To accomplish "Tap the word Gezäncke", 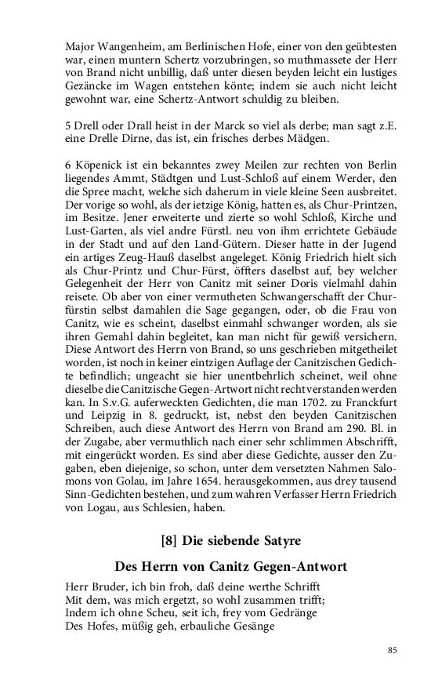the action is tap(90, 85).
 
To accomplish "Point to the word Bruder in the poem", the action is tap(113, 587).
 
